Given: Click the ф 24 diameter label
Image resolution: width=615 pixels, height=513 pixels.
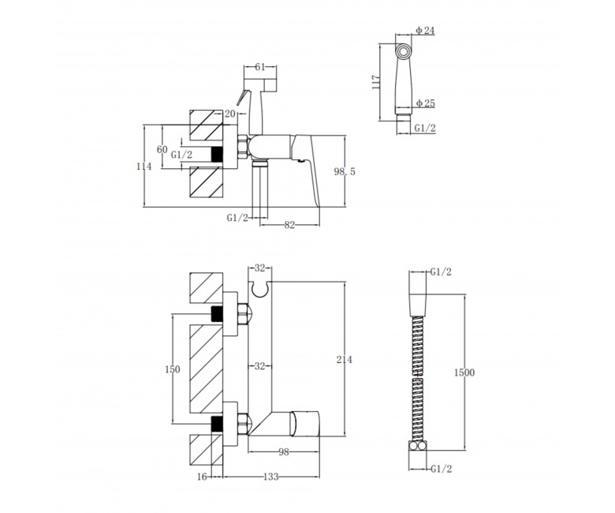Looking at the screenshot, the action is click(x=425, y=30).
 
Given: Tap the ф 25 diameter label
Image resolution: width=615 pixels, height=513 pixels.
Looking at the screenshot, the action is click(x=426, y=103).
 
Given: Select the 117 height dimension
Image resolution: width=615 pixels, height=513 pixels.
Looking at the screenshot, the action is click(x=376, y=82).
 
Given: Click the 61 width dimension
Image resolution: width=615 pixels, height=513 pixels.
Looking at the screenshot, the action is click(x=260, y=67).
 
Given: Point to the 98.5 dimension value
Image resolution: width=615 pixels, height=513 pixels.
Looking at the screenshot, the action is click(x=345, y=171).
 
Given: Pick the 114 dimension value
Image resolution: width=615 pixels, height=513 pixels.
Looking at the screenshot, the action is click(x=144, y=167).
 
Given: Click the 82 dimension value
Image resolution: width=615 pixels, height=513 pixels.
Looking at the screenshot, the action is click(x=289, y=225).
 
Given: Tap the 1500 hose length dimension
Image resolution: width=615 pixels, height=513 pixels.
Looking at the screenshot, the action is click(x=464, y=372).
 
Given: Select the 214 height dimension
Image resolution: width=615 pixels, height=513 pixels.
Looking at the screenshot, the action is click(x=345, y=359).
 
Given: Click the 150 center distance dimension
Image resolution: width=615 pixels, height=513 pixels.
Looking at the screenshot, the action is click(x=173, y=369).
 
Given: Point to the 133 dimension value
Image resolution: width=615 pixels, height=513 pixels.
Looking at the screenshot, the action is click(x=270, y=477).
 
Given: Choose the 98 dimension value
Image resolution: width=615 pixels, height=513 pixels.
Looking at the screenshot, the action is click(x=284, y=452).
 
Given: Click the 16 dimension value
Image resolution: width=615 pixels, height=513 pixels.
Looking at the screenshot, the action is click(x=202, y=477).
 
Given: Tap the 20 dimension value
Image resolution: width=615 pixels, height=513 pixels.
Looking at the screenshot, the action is click(x=230, y=114).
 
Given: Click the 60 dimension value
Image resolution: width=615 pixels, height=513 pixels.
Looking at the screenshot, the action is click(x=162, y=149).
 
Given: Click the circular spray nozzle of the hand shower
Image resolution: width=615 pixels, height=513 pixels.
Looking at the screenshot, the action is click(x=403, y=51).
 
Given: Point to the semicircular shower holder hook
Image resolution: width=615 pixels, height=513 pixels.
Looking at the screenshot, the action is click(x=260, y=290).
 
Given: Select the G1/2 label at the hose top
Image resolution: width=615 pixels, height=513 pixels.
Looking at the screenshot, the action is click(x=441, y=271).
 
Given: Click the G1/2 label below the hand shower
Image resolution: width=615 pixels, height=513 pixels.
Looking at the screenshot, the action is click(x=425, y=128).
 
